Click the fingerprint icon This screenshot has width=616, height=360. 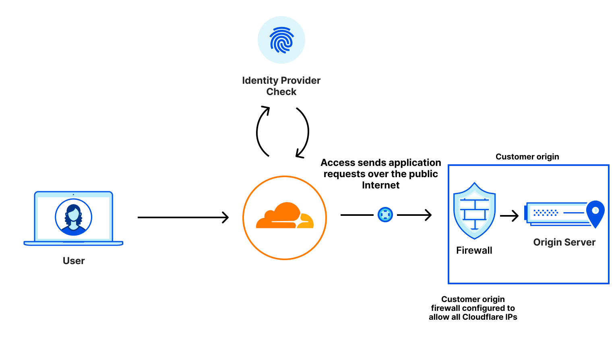point(281,40)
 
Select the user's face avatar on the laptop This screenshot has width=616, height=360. point(74,217)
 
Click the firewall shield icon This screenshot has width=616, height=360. point(474,211)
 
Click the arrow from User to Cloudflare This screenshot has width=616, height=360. point(183,217)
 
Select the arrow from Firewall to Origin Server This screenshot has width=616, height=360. point(509,216)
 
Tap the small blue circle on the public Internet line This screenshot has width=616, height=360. point(385,215)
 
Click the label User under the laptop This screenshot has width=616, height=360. point(74,261)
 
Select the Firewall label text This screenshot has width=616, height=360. point(474,250)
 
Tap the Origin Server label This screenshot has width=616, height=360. point(564,242)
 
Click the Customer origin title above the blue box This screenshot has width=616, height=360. point(527,157)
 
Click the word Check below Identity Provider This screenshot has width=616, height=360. point(281,92)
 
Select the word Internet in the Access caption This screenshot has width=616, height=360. point(380,185)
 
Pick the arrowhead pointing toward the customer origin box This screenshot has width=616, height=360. point(428,215)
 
